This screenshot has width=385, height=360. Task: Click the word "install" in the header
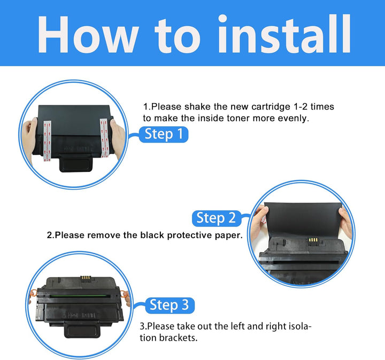[284, 34]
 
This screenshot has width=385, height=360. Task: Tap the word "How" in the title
[87, 35]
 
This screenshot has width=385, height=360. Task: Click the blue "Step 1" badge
[164, 134]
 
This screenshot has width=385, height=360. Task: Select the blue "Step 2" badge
[217, 218]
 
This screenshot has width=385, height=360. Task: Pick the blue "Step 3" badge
[170, 305]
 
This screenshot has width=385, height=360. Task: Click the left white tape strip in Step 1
[48, 141]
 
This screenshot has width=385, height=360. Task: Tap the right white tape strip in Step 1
[104, 138]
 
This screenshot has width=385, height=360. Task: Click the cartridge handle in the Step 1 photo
[76, 163]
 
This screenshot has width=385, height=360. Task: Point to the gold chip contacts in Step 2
[313, 240]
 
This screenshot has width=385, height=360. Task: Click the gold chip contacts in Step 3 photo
[86, 278]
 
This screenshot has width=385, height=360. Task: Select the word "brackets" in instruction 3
[178, 338]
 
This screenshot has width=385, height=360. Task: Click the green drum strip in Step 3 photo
[79, 296]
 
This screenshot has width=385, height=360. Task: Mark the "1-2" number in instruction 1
[301, 107]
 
